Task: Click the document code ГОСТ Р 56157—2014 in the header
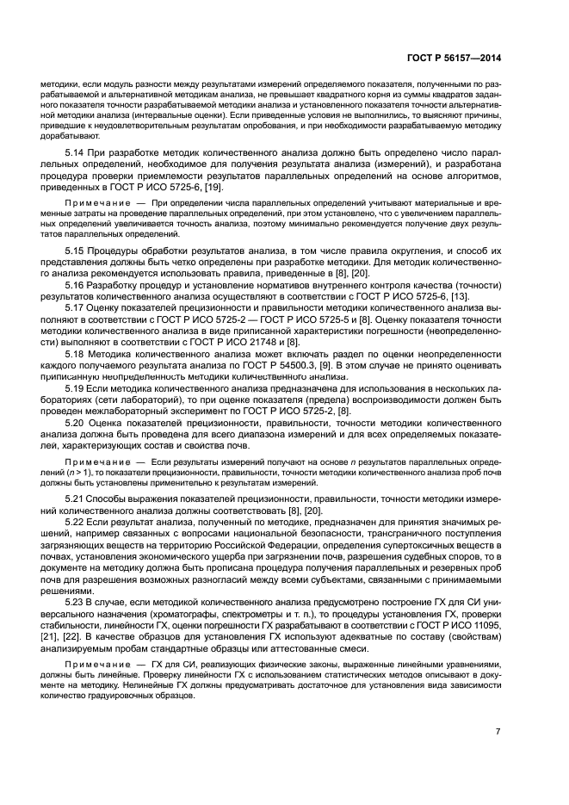coord(455,59)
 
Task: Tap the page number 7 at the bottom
coord(498,732)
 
